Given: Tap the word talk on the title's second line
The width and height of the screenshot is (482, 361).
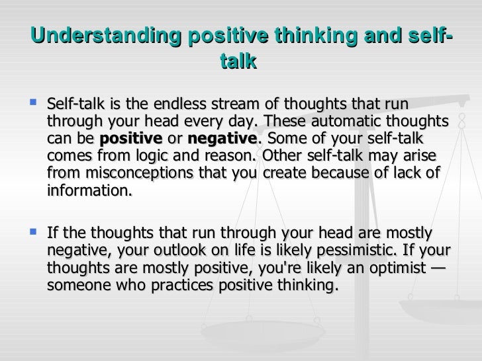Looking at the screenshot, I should tap(237, 61).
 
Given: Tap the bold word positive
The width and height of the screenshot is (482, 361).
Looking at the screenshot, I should tap(130, 140).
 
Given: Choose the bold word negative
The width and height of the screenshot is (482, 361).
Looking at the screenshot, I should tap(222, 140).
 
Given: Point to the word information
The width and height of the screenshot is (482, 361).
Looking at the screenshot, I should tap(89, 191).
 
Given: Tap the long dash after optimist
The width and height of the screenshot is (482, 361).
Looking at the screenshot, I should tap(437, 268).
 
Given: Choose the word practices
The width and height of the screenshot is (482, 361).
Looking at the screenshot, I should tap(173, 286).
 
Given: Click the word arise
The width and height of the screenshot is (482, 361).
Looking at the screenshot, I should tap(413, 157).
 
